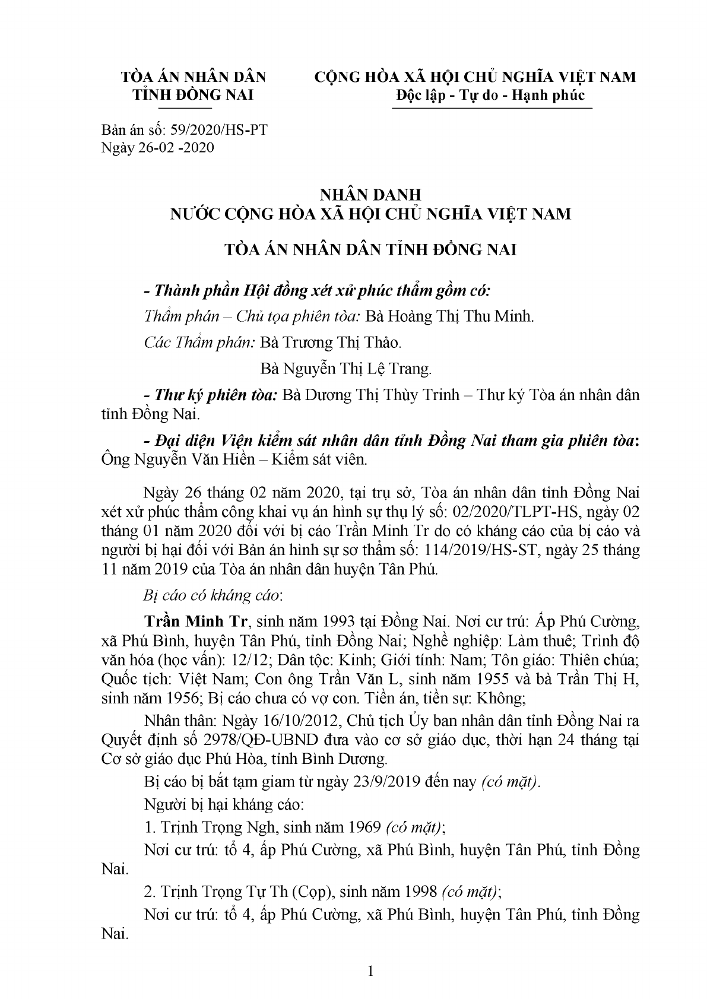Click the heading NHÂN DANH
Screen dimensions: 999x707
tap(370, 195)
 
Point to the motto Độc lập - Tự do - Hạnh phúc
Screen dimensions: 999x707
tap(490, 95)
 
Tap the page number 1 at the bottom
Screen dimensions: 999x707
tap(371, 972)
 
